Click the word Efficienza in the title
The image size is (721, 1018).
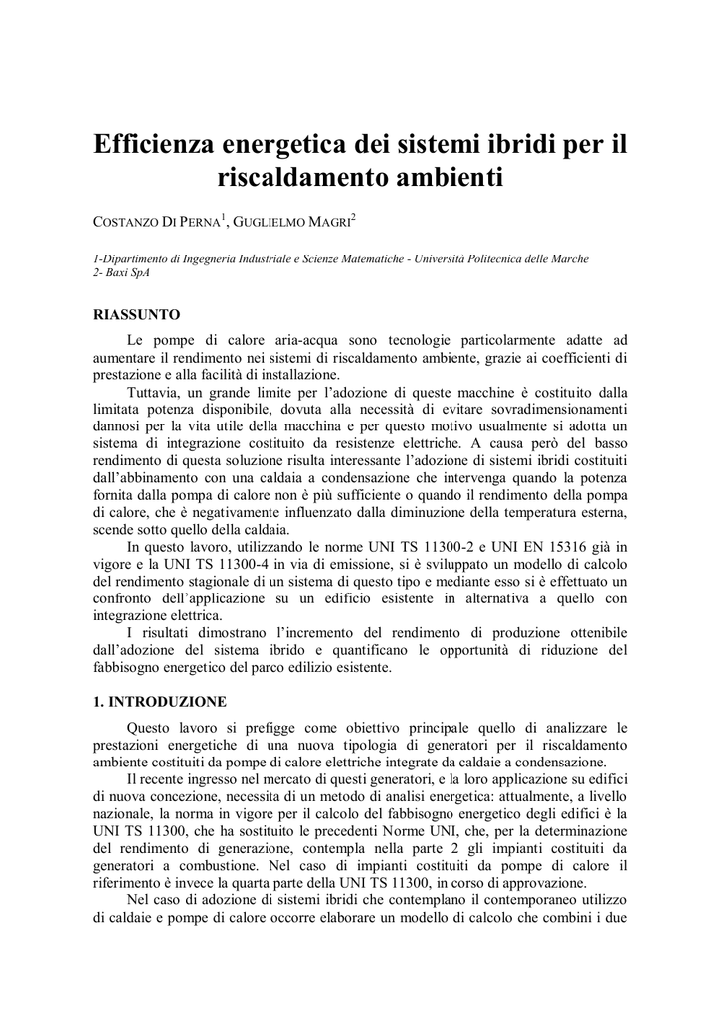tap(160, 145)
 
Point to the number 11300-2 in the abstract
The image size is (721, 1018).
tap(460, 547)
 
